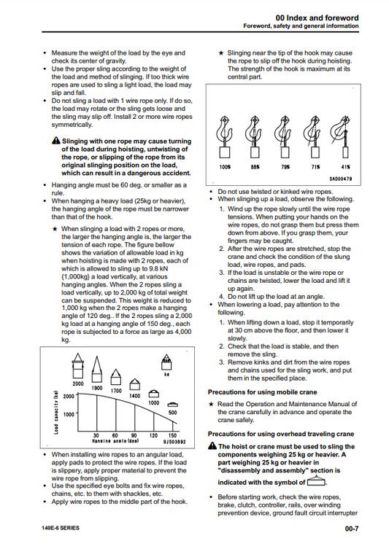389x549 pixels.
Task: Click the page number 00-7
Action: tap(352, 529)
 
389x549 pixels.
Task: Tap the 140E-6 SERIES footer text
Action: tap(61, 528)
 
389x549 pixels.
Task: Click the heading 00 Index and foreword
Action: tap(317, 17)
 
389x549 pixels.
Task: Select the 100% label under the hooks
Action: tap(225, 167)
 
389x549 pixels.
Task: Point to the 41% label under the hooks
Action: tap(345, 167)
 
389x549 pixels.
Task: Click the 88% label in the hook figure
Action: tap(255, 167)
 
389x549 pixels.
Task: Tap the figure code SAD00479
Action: tap(340, 179)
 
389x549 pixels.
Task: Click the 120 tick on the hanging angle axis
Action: tap(153, 435)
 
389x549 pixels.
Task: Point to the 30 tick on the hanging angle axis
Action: tap(96, 435)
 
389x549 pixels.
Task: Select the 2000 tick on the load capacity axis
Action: tap(69, 397)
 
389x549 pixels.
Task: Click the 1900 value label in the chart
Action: tap(97, 388)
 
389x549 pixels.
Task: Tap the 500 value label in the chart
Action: tap(172, 413)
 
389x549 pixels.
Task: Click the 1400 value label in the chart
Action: tap(135, 396)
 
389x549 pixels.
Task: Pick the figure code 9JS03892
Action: tap(174, 442)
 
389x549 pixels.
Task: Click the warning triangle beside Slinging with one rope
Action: tap(56, 141)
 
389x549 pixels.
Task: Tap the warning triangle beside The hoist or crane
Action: tap(212, 445)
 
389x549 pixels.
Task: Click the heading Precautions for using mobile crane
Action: tap(262, 392)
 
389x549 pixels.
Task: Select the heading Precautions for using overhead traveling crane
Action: tap(281, 434)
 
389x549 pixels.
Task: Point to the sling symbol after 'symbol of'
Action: tap(317, 481)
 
